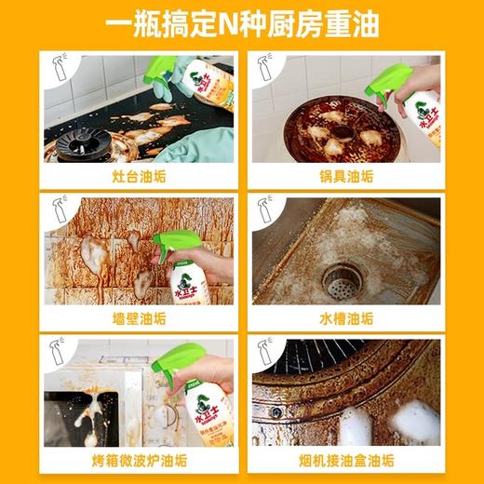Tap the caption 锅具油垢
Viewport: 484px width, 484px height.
click(x=346, y=176)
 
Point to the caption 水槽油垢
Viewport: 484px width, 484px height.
click(x=346, y=318)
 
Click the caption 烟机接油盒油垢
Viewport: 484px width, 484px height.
click(x=346, y=461)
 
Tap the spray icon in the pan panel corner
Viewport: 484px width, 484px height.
click(x=263, y=66)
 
